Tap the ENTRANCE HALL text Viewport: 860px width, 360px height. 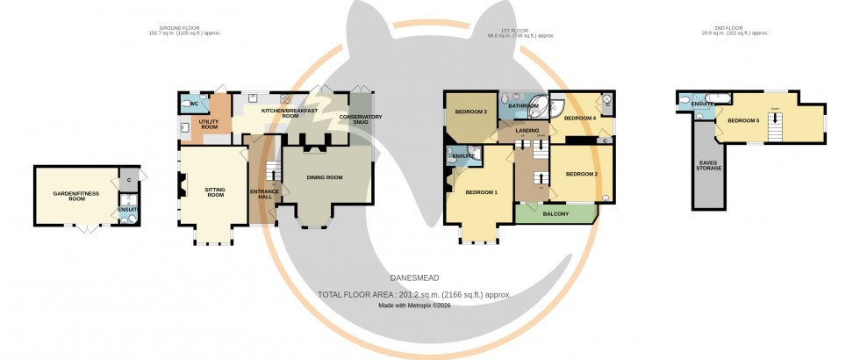[263, 193]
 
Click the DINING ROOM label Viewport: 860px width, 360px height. [324, 177]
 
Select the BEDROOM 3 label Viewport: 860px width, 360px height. [471, 112]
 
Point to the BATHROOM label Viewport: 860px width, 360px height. [524, 105]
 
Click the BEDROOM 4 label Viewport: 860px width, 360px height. [580, 118]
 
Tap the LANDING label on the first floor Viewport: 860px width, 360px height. [527, 131]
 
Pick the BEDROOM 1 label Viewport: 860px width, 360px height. [481, 192]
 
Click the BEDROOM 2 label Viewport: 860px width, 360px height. [581, 174]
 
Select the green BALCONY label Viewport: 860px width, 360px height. [556, 213]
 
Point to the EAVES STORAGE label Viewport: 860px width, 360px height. [710, 164]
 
